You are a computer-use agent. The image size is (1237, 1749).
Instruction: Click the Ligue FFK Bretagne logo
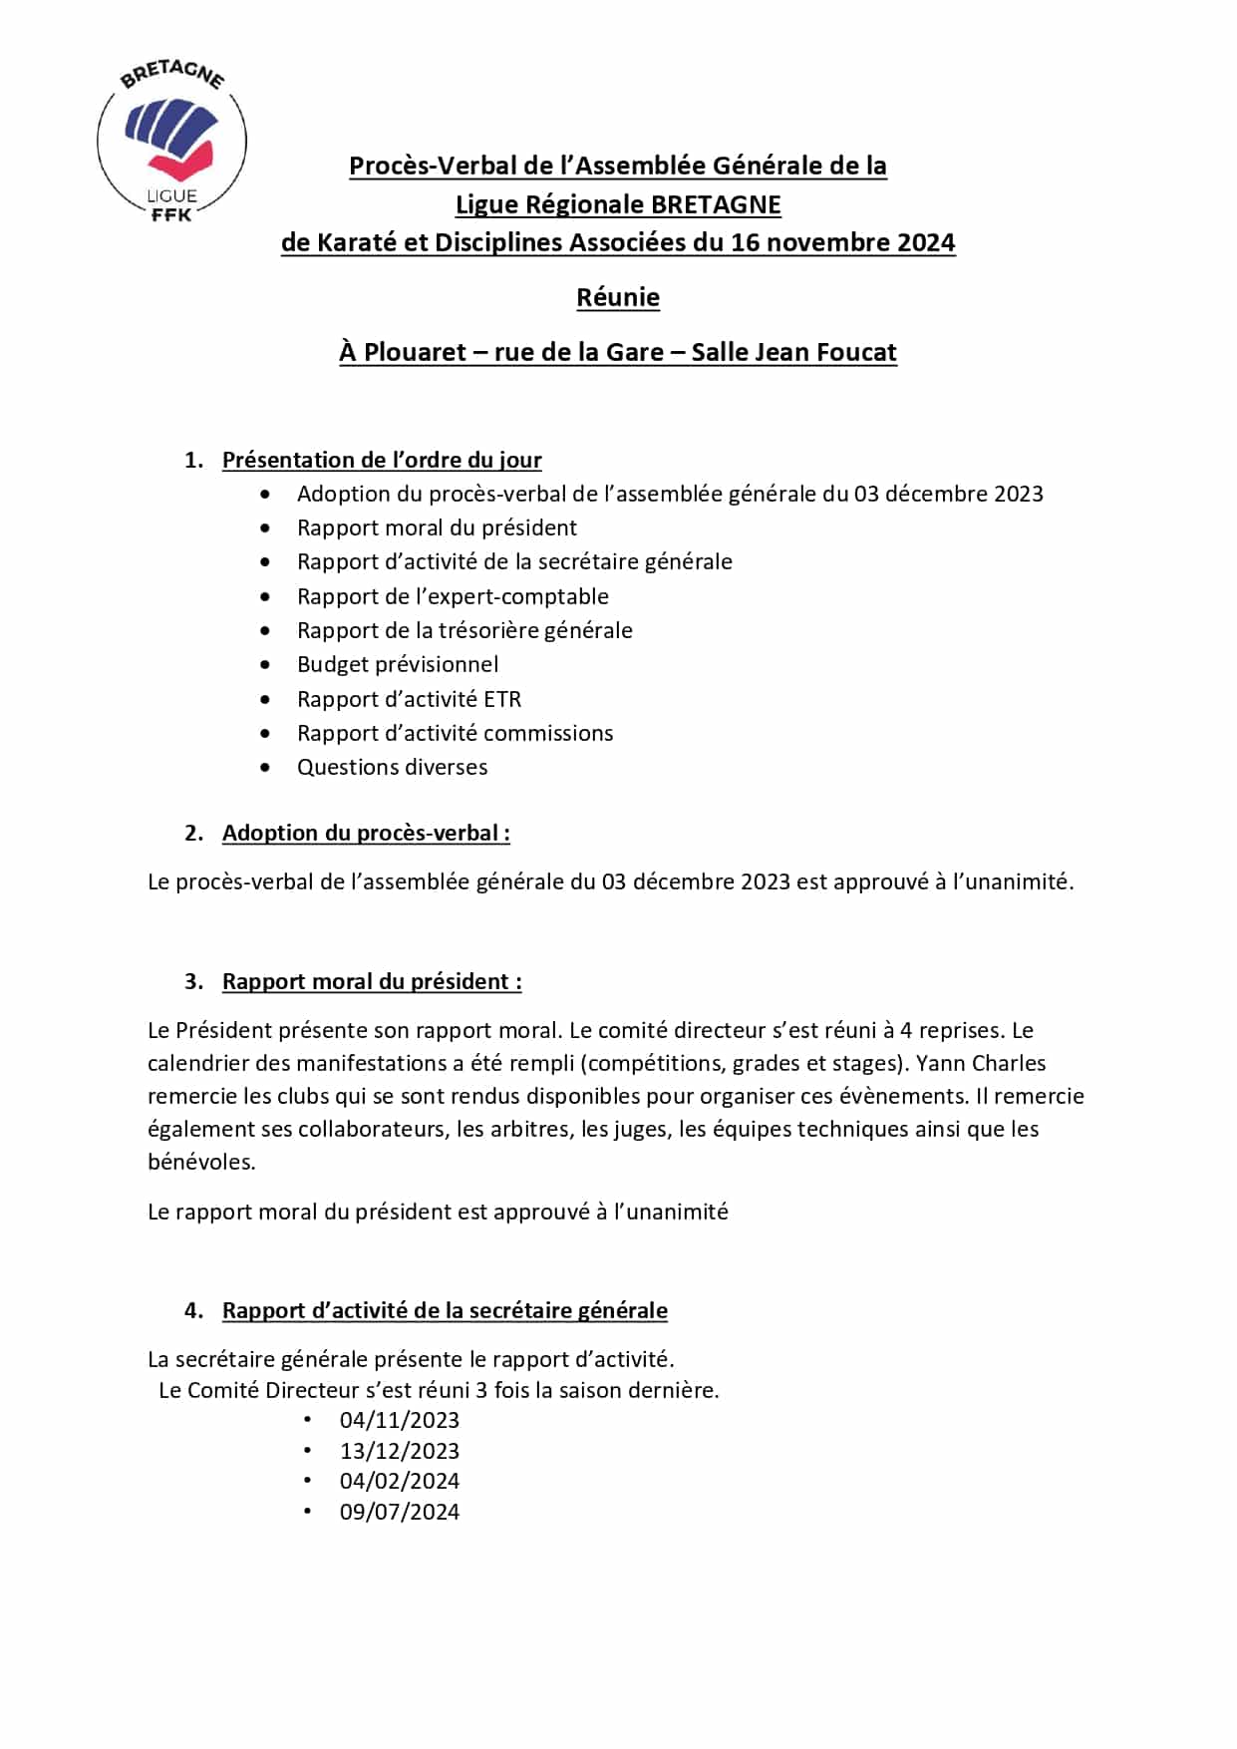point(171,141)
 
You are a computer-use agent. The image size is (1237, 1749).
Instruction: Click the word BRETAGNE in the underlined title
point(716,204)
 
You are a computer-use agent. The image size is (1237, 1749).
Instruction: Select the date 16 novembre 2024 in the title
point(842,242)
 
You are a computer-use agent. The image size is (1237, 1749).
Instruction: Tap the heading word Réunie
point(618,297)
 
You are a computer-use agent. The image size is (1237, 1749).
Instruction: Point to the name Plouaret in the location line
point(415,352)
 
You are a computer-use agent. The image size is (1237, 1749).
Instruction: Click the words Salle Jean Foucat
point(793,352)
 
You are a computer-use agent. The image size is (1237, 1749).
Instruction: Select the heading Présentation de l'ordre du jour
point(382,460)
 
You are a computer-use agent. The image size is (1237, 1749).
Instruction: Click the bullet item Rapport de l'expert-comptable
point(453,596)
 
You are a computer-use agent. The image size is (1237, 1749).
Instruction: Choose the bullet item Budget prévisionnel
point(398,664)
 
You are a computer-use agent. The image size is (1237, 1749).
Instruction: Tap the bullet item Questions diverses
point(392,767)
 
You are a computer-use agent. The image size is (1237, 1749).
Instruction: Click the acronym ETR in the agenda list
point(502,699)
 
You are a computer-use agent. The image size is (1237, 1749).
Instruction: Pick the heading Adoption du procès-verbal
point(365,833)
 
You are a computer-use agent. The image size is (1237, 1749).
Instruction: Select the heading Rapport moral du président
point(371,981)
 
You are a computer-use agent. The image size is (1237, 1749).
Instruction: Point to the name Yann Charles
point(981,1063)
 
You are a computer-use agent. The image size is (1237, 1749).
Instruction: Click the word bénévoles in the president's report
point(200,1162)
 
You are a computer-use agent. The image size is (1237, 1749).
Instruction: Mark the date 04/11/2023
point(399,1420)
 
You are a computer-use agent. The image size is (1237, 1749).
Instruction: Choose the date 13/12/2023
point(399,1451)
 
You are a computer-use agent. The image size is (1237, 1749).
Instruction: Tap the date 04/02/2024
point(399,1481)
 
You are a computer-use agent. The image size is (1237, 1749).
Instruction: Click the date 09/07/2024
point(399,1512)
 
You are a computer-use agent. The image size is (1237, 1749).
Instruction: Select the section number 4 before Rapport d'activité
point(191,1310)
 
